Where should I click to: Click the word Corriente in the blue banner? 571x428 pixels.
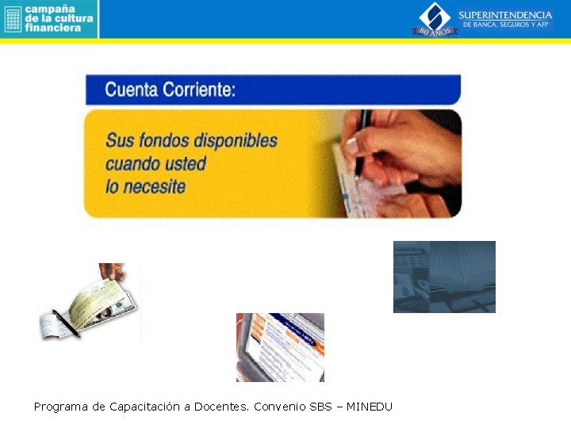199,90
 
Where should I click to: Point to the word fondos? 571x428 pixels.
164,141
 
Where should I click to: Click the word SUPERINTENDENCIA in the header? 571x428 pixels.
505,15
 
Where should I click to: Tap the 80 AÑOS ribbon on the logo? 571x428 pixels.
434,31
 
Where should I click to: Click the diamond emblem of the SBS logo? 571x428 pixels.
434,13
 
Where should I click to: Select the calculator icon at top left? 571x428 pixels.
12,18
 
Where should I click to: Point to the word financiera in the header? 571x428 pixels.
53,28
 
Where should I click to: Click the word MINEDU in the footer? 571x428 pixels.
370,407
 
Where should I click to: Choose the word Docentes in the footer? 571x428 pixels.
221,407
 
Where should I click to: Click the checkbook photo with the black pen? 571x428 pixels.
89,303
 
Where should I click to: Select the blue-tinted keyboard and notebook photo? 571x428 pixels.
444,277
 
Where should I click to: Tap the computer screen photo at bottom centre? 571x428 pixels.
280,347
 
